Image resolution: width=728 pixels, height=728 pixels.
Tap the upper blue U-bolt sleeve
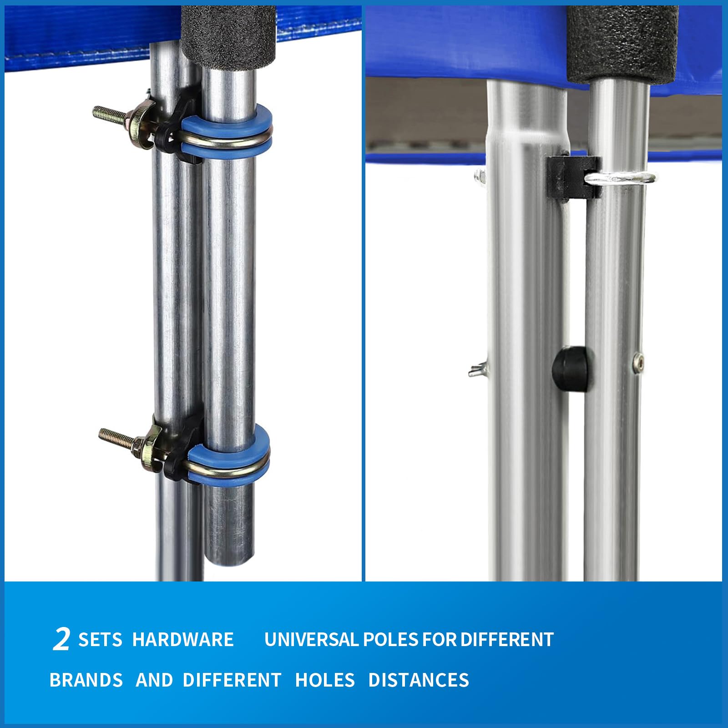pos(227,129)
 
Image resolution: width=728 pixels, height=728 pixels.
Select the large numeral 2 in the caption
pos(62,639)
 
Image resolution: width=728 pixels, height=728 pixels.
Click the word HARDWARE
pos(183,639)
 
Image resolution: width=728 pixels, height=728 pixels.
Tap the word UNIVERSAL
pos(311,639)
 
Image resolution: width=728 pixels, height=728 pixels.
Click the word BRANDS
pos(86,680)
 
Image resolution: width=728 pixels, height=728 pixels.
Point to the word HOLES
pos(325,680)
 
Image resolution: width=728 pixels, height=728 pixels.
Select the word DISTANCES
pos(419,680)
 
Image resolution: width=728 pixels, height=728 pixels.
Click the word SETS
pos(100,639)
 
